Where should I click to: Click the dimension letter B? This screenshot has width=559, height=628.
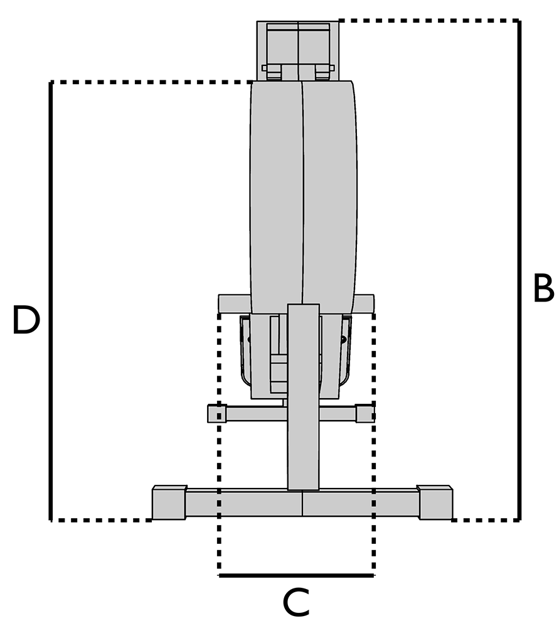pyautogui.click(x=543, y=288)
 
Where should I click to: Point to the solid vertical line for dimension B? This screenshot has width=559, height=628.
pyautogui.click(x=519, y=270)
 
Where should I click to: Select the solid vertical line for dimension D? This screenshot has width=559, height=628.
pyautogui.click(x=50, y=301)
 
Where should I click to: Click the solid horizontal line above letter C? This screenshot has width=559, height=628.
pyautogui.click(x=297, y=575)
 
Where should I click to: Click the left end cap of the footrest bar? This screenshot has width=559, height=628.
pyautogui.click(x=216, y=413)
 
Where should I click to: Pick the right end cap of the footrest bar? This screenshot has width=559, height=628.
pyautogui.click(x=365, y=413)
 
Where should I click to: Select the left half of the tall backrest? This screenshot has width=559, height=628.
pyautogui.click(x=277, y=195)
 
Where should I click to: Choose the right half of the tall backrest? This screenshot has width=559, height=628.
pyautogui.click(x=330, y=195)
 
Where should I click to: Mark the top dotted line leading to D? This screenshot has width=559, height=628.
pyautogui.click(x=151, y=82)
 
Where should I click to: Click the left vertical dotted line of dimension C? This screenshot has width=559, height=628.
pyautogui.click(x=219, y=471)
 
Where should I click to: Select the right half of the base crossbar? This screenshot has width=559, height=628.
pyautogui.click(x=361, y=503)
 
